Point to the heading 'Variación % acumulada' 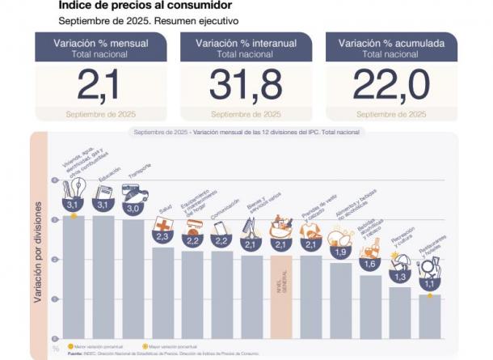[x=390, y=43]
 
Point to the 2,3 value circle [x=162, y=236]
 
